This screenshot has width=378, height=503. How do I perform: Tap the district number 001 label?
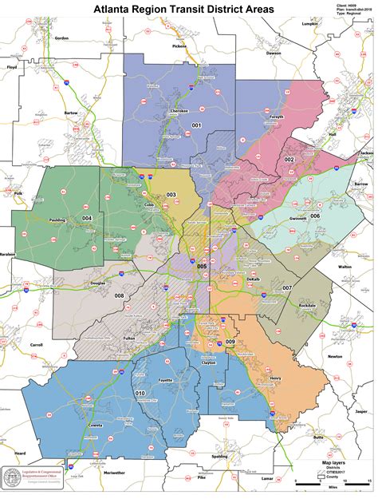[x=196, y=125]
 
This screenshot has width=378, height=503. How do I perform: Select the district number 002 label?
[x=289, y=160]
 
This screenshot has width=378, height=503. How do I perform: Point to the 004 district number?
[x=87, y=218]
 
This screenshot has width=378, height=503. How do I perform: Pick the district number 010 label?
[x=140, y=394]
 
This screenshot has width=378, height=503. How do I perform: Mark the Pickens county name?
[x=178, y=46]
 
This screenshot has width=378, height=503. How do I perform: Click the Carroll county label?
[x=37, y=345]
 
